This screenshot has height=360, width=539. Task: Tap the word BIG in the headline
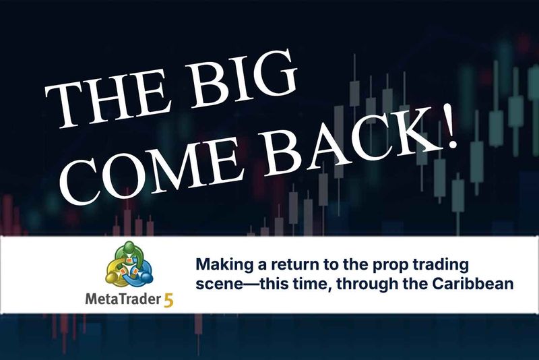point(242,80)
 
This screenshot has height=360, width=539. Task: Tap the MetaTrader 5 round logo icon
point(129,264)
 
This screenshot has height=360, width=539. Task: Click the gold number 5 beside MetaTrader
point(169,300)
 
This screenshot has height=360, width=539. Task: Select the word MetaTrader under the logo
point(123,299)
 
